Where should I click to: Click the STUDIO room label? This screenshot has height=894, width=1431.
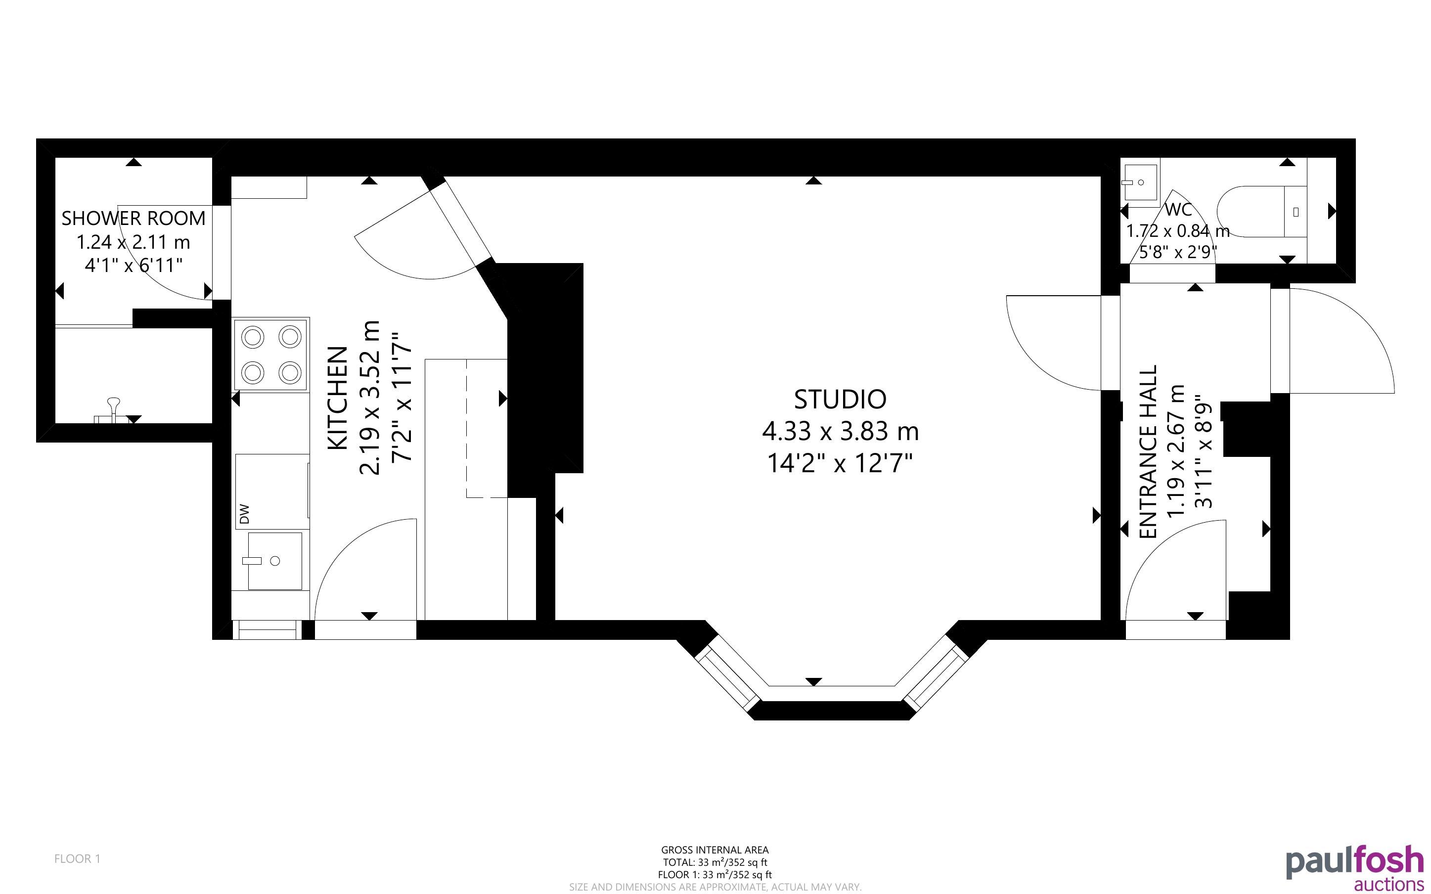(x=840, y=400)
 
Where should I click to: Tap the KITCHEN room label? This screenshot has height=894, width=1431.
(x=338, y=398)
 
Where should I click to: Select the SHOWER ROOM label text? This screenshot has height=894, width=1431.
(x=134, y=218)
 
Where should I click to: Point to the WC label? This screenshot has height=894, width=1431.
(x=1178, y=209)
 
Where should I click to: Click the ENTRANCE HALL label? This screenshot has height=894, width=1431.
(x=1148, y=452)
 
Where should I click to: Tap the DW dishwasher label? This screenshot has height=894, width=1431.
(x=245, y=514)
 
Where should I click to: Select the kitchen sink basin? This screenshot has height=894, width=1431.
(x=275, y=561)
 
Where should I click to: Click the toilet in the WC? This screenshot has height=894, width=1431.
(x=1262, y=211)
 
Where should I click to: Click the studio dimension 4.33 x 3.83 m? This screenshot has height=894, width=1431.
(x=840, y=431)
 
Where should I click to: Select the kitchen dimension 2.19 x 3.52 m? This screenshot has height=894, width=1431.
(x=369, y=398)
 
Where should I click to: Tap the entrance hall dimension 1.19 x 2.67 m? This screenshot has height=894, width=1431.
(x=1176, y=450)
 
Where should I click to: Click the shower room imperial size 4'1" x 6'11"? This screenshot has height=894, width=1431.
(x=134, y=266)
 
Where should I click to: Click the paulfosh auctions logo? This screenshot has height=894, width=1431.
(x=1355, y=867)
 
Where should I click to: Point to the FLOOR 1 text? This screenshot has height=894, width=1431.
(x=78, y=858)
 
